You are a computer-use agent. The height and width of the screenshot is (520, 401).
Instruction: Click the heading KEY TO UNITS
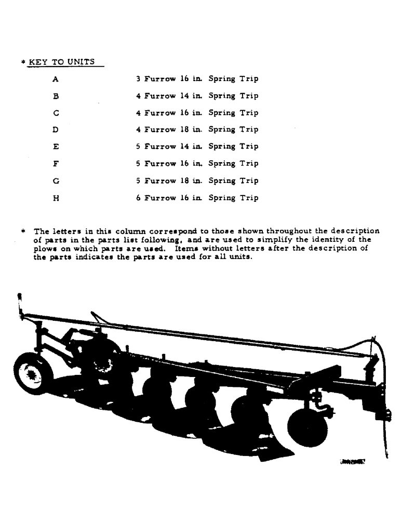61,62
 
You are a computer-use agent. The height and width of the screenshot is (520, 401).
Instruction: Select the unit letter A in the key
56,80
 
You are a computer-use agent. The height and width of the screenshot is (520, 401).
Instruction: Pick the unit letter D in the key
56,130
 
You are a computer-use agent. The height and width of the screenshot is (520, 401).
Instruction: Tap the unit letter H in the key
56,198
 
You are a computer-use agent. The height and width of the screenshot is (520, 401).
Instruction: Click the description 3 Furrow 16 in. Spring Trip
197,80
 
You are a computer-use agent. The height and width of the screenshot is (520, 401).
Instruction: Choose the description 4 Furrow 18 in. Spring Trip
197,130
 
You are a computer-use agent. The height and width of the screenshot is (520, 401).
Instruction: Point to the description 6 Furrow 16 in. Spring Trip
197,198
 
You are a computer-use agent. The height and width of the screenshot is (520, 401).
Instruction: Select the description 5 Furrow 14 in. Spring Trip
197,147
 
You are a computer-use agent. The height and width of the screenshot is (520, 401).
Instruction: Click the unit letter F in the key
56,164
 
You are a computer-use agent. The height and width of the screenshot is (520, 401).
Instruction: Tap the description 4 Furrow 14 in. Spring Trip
197,96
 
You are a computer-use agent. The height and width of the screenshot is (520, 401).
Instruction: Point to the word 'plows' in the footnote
45,249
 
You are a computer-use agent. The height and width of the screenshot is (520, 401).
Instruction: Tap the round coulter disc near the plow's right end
308,427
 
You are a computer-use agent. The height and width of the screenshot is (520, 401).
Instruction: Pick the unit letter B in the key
56,96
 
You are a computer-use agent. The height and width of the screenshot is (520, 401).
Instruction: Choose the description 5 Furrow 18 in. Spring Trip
197,181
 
